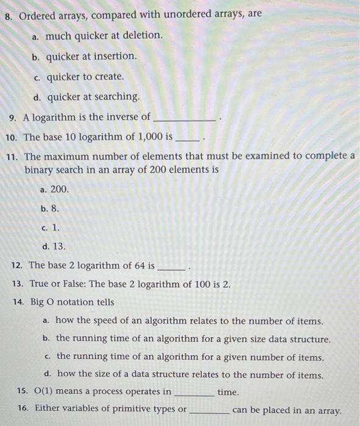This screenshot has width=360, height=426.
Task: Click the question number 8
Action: pos(9,15)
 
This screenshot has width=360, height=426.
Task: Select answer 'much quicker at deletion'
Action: pos(104,36)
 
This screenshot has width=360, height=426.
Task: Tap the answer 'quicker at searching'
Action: pos(93,97)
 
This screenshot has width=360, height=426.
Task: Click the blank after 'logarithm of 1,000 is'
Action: pos(187,139)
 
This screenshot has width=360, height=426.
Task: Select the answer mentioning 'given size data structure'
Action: pos(193,338)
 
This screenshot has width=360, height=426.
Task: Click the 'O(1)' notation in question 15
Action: pos(46,391)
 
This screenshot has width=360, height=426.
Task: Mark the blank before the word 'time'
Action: pos(195,394)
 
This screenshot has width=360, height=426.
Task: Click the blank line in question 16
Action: pos(209,412)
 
